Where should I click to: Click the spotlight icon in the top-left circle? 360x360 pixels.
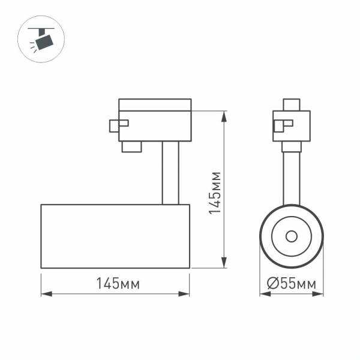[x=42, y=40]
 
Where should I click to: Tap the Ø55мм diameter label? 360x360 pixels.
[x=292, y=284]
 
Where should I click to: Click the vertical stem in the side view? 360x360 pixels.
[x=169, y=173]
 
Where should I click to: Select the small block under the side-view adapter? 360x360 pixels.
[x=131, y=146]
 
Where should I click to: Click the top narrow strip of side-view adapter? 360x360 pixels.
[x=155, y=104]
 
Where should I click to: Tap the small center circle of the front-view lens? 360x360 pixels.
[x=292, y=236]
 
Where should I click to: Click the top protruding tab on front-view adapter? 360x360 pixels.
[x=292, y=104]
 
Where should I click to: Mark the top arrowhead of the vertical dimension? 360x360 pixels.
[x=224, y=115]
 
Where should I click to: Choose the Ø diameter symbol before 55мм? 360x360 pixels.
[x=271, y=284]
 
